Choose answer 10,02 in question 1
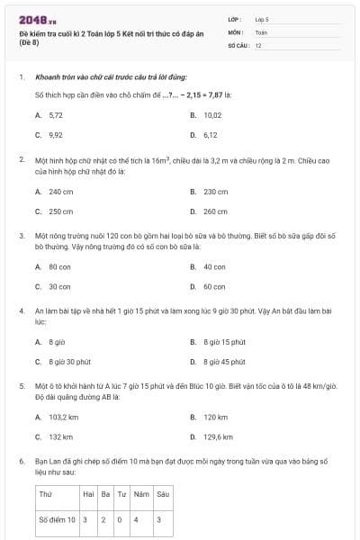(211, 115)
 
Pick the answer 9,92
(55, 135)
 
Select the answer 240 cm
(59, 192)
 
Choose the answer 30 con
(58, 286)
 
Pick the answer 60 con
(213, 286)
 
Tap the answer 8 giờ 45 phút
(224, 362)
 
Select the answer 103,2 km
(63, 417)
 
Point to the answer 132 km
(59, 436)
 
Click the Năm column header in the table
(140, 494)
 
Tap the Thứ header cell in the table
(45, 494)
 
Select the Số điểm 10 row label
(56, 519)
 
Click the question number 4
(21, 310)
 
